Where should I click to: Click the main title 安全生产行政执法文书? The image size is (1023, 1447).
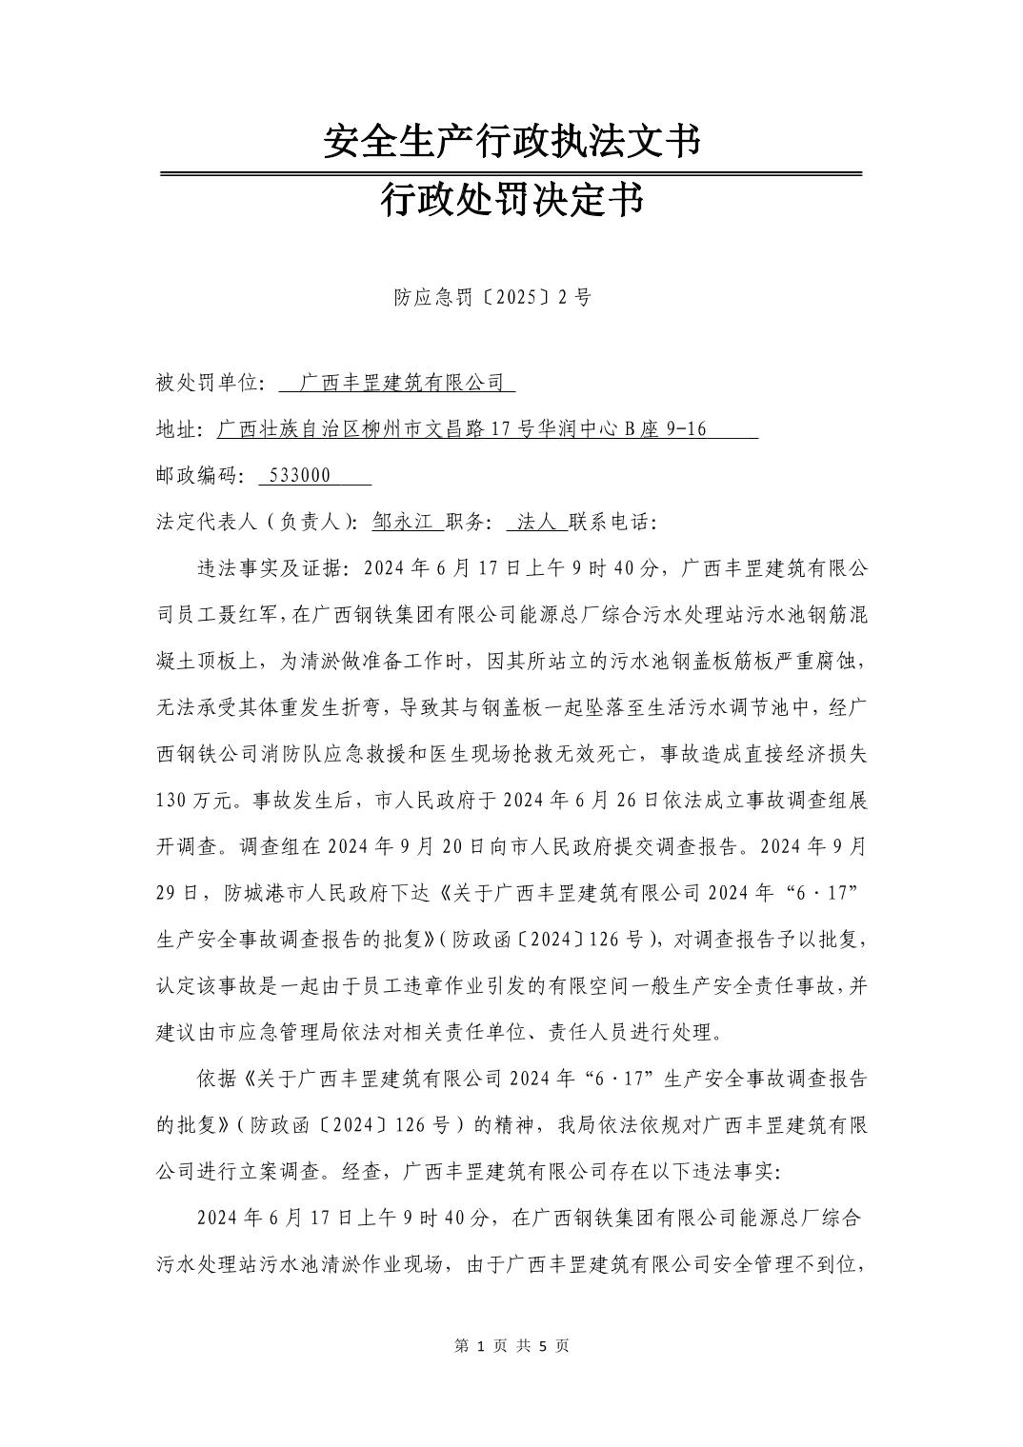click(x=511, y=141)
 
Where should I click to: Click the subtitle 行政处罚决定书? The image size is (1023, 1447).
click(x=511, y=200)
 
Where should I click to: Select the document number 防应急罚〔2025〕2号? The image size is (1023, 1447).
click(x=492, y=297)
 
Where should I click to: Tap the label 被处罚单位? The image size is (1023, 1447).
click(x=207, y=383)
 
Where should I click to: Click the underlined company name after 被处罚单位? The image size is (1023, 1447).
click(x=401, y=383)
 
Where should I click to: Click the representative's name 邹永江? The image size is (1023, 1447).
click(x=403, y=522)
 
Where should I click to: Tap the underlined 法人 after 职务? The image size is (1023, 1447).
click(x=535, y=522)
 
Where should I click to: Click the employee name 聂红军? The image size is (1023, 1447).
click(x=251, y=615)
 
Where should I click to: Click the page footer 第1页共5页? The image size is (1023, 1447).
click(x=511, y=1345)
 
